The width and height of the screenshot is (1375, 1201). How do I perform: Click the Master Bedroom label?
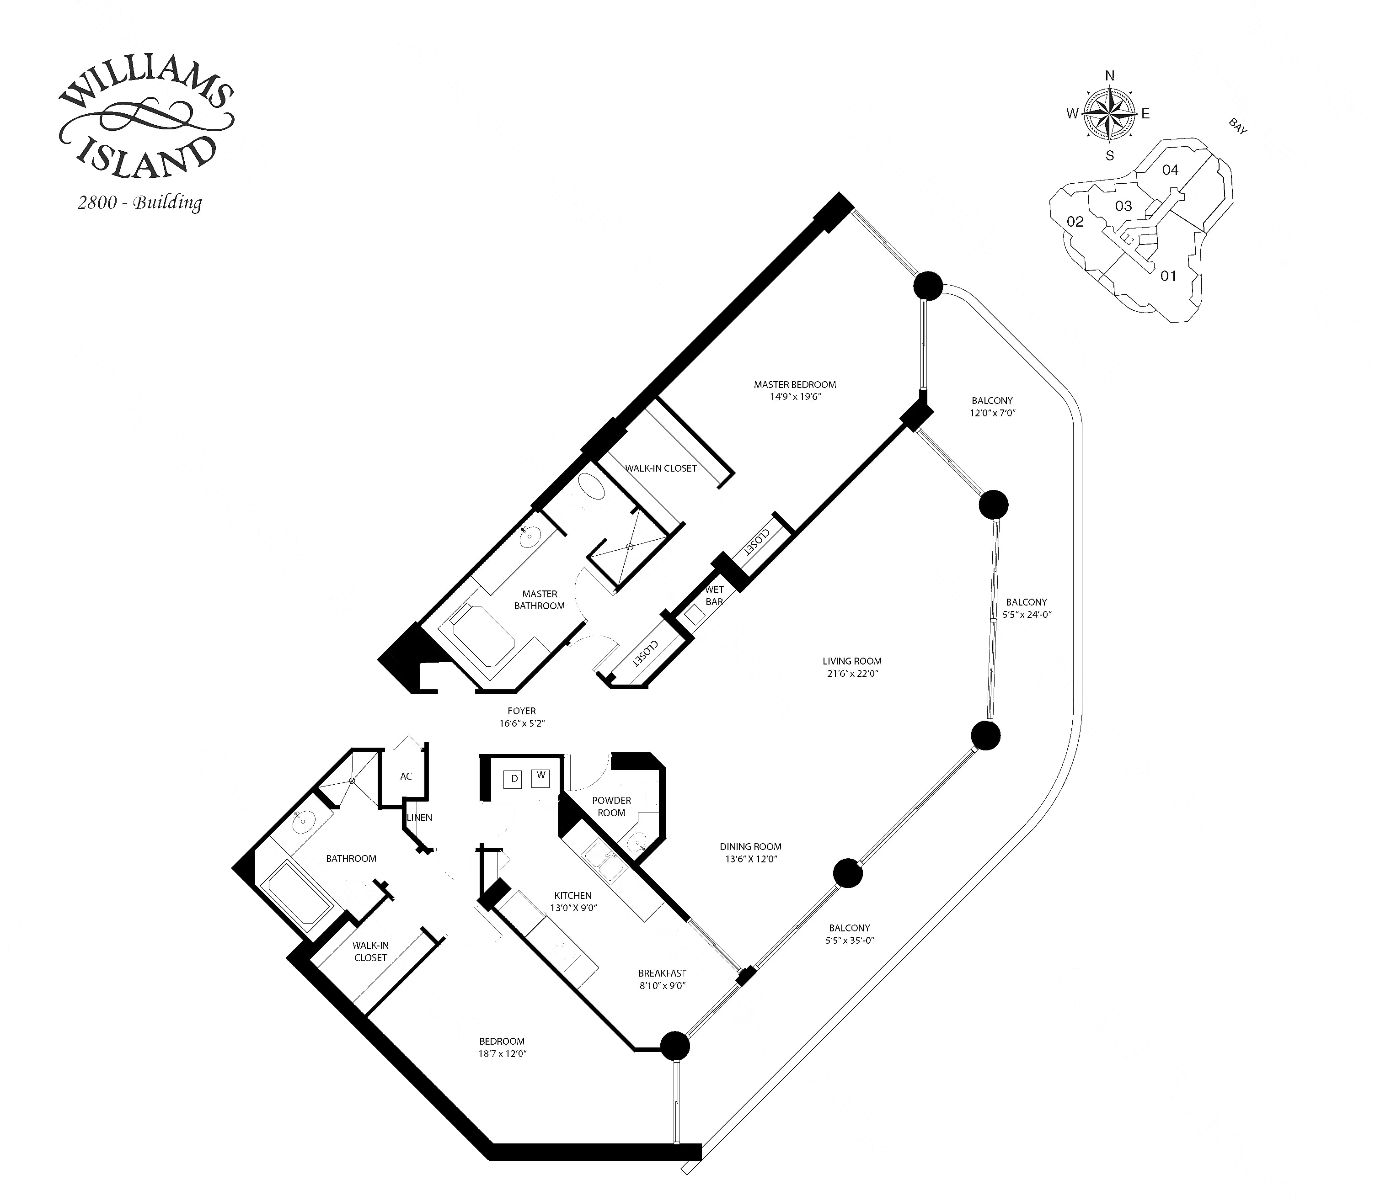coord(794,385)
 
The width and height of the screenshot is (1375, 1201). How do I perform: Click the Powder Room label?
coord(611,806)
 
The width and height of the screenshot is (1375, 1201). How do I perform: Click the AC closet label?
coord(406,776)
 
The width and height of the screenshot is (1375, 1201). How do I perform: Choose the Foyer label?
coord(522,711)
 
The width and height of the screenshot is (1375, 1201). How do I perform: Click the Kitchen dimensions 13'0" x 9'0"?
coord(573,908)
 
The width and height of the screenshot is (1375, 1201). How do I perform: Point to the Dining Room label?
coord(750,846)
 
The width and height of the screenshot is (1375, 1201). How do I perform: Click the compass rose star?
coord(1109,114)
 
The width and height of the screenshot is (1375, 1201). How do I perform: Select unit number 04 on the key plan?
coord(1170,170)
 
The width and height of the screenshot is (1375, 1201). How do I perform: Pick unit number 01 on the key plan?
coord(1168,276)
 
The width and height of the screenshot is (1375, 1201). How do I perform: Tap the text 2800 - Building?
coord(139,202)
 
